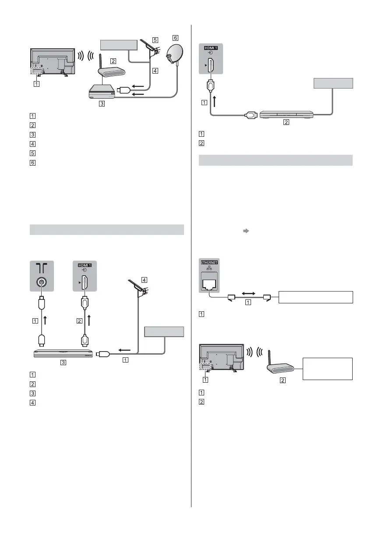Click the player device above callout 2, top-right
click(287, 115)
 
